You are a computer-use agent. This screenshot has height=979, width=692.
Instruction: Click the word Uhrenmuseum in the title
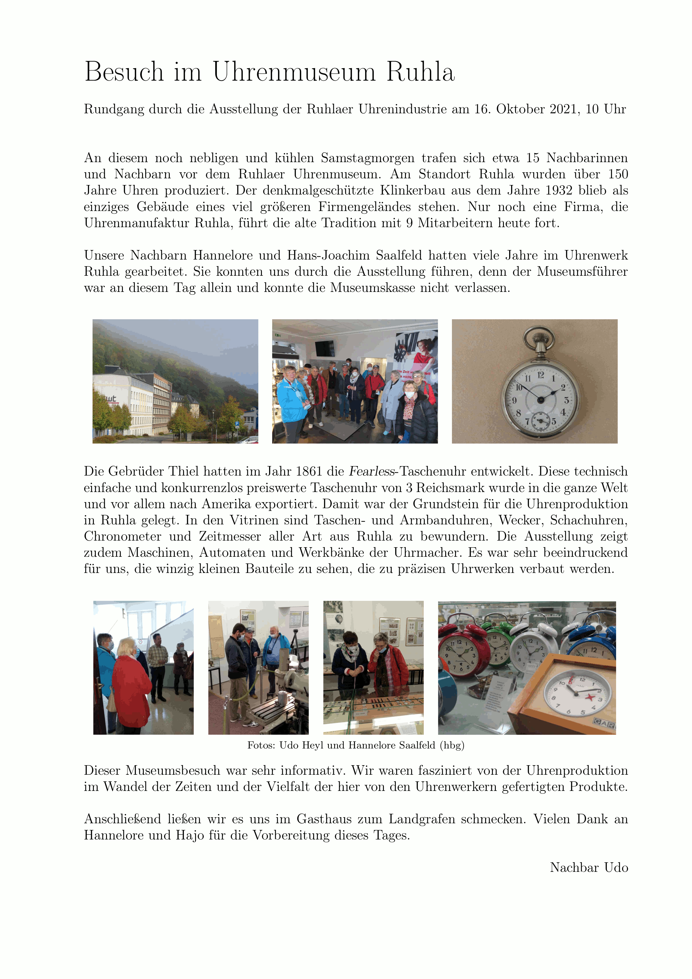click(294, 72)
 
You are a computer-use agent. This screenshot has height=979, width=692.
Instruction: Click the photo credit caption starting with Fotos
click(356, 745)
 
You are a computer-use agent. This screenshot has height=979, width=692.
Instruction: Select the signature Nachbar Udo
click(589, 868)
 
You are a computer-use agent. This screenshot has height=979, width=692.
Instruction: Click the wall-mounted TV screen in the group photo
click(325, 348)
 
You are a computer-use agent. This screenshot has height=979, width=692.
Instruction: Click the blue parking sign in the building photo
click(237, 424)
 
